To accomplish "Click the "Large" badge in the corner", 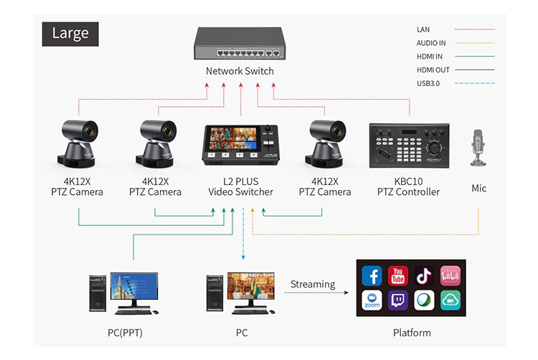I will click(70, 33).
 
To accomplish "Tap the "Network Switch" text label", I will click(240, 71).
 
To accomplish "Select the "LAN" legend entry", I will click(423, 29).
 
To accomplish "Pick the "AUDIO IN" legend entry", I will click(431, 43).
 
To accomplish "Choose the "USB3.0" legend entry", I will click(428, 83).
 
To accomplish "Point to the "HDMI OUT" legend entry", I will click(433, 70).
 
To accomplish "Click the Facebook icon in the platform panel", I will click(372, 276).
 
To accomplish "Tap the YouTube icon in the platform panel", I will click(398, 276).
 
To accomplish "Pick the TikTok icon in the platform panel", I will click(424, 276).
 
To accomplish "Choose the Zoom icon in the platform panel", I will click(372, 300).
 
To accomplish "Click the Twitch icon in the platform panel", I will click(398, 300).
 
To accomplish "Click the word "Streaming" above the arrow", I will click(313, 284).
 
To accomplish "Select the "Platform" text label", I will click(412, 333).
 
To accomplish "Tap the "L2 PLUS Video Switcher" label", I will click(241, 186).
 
